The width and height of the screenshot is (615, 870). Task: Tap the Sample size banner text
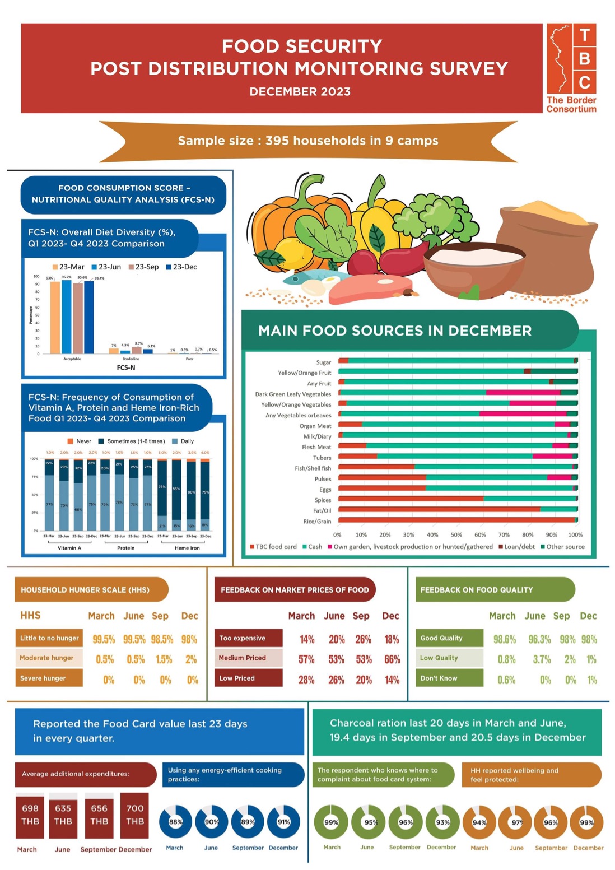(308, 141)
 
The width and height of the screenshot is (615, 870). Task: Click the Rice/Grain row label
(317, 522)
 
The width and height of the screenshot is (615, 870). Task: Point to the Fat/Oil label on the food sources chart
(322, 511)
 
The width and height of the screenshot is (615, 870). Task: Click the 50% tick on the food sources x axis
(456, 535)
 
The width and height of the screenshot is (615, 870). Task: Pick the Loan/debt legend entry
(516, 547)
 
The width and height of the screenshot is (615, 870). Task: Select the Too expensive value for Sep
(363, 639)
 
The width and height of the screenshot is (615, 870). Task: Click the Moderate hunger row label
(47, 658)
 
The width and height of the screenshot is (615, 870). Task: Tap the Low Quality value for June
(542, 659)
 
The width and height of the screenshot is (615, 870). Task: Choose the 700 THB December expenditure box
(135, 815)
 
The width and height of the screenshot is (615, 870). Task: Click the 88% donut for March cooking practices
(175, 822)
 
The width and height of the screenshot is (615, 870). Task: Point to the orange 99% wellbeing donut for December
(586, 822)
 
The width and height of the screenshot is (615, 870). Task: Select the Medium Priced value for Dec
(392, 659)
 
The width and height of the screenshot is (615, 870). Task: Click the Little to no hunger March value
(104, 639)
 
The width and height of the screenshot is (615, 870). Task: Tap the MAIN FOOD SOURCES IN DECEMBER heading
(395, 331)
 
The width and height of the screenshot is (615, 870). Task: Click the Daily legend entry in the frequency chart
(183, 441)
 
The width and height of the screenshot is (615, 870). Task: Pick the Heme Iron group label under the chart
(187, 548)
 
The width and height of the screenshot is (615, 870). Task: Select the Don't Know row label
(439, 678)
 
